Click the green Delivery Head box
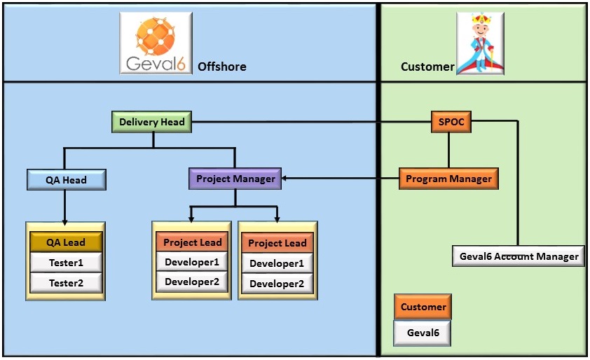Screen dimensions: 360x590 pyautogui.click(x=152, y=123)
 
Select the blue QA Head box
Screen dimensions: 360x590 pyautogui.click(x=66, y=180)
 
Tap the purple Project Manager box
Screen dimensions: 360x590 pyautogui.click(x=235, y=179)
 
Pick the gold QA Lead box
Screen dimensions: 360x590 pyautogui.click(x=66, y=242)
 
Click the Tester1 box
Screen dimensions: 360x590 pyautogui.click(x=66, y=263)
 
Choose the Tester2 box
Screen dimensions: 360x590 pyautogui.click(x=66, y=283)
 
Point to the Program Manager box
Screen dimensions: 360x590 pyautogui.click(x=448, y=179)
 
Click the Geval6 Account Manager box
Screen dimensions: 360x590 pyautogui.click(x=519, y=256)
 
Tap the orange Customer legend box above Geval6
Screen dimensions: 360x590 pyautogui.click(x=423, y=307)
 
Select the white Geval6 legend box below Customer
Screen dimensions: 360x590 pyautogui.click(x=423, y=333)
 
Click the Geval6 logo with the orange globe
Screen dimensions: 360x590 pyautogui.click(x=156, y=43)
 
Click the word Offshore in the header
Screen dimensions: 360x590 pyautogui.click(x=221, y=67)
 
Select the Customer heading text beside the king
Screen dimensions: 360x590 pyautogui.click(x=427, y=67)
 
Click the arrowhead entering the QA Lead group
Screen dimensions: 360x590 pyautogui.click(x=64, y=221)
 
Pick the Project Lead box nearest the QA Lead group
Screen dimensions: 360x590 pyautogui.click(x=192, y=242)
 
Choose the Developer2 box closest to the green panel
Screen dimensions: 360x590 pyautogui.click(x=277, y=284)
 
